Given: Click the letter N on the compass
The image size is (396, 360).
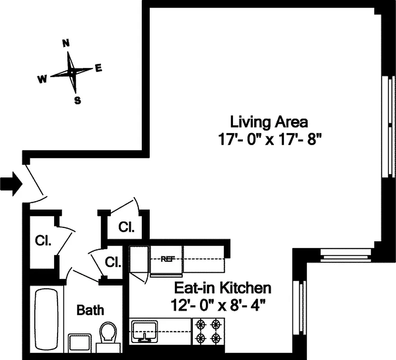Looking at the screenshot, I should pyautogui.click(x=66, y=43).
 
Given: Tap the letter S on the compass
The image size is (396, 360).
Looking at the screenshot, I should pyautogui.click(x=77, y=100).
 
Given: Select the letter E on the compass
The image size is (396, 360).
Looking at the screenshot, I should pyautogui.click(x=98, y=68).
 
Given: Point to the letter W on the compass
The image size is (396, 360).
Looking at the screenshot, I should pyautogui.click(x=42, y=79).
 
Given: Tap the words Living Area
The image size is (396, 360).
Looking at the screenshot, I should pyautogui.click(x=269, y=122).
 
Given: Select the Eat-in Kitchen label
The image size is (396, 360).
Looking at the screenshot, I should pyautogui.click(x=223, y=288).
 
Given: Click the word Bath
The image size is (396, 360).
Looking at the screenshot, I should pyautogui.click(x=90, y=310).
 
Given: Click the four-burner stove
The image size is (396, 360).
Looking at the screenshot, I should pyautogui.click(x=208, y=331).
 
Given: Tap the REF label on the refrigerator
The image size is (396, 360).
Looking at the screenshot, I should pyautogui.click(x=168, y=259).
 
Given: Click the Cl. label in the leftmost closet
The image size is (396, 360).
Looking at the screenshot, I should pyautogui.click(x=43, y=240).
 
